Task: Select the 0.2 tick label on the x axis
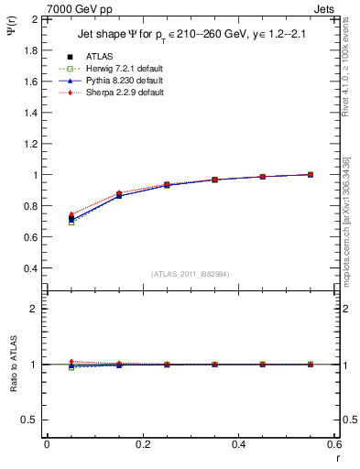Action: click(x=142, y=443)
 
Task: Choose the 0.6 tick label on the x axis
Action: click(x=333, y=443)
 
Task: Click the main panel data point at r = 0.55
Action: click(x=311, y=174)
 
